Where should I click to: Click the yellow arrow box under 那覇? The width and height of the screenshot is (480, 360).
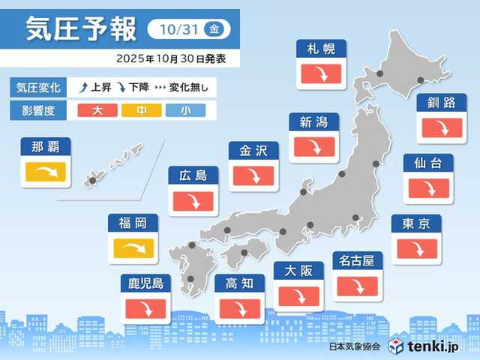click(46, 174)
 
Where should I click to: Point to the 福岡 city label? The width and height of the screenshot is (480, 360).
click(132, 223)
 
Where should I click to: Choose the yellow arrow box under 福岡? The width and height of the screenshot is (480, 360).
click(135, 248)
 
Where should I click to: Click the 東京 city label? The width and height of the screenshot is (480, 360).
click(415, 223)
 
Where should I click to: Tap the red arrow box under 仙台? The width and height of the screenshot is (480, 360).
click(427, 187)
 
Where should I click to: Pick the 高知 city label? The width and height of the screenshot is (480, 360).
click(238, 283)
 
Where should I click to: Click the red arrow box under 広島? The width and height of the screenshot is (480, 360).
click(193, 201)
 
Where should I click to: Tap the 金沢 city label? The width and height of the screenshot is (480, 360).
click(253, 151)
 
